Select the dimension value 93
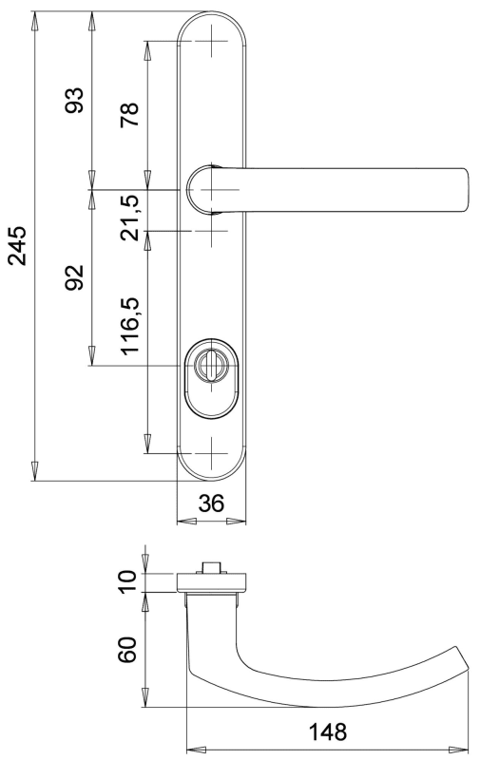[74, 101]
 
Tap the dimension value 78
[130, 115]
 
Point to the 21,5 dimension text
[130, 218]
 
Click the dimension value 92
[74, 277]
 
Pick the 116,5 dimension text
[130, 326]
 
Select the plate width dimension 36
[211, 503]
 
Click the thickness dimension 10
[128, 581]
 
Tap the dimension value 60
[128, 650]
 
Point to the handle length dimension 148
[328, 731]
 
